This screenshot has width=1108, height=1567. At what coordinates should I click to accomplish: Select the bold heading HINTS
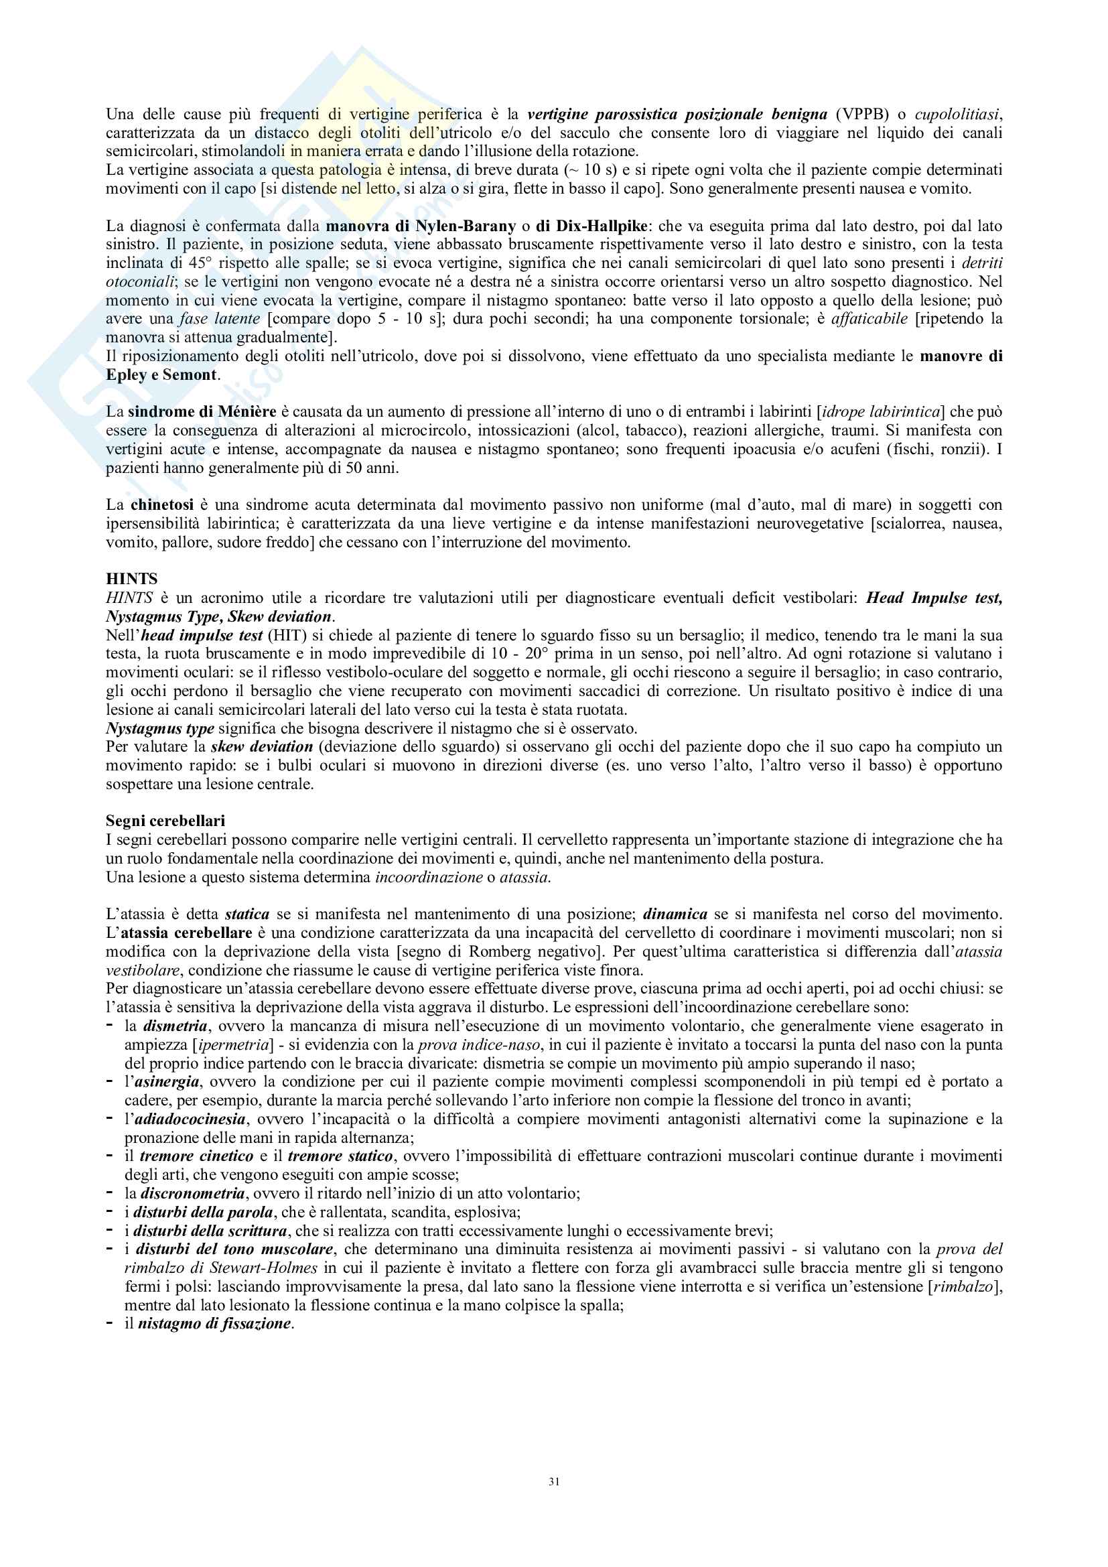click(132, 579)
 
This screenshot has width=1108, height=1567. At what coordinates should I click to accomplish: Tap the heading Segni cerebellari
click(165, 821)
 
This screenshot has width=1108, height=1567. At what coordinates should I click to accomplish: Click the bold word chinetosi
click(161, 505)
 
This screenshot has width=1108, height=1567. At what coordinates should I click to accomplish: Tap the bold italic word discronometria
click(192, 1193)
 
